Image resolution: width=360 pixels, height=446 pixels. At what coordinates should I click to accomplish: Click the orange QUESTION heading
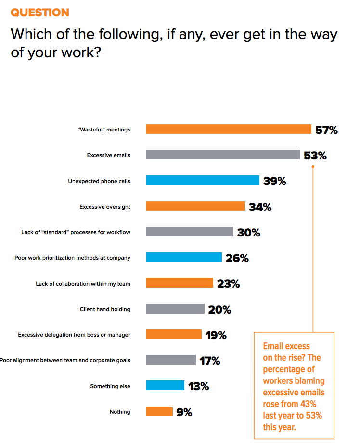[x=40, y=13]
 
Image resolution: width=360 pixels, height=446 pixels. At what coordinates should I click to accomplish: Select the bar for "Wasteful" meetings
[x=229, y=129]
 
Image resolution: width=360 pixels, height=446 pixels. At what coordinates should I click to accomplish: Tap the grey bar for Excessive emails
[x=223, y=155]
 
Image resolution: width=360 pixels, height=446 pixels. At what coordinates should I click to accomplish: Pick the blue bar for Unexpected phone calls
[x=203, y=181]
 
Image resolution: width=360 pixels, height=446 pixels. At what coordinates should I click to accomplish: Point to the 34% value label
[x=260, y=207]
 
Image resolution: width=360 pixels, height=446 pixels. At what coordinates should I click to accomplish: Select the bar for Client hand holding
[x=175, y=309]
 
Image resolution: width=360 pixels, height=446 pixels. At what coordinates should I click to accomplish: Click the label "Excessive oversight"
[x=105, y=207]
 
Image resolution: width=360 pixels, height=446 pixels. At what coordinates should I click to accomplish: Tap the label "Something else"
[x=110, y=386]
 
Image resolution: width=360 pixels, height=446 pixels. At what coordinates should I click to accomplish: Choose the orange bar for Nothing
[x=159, y=412]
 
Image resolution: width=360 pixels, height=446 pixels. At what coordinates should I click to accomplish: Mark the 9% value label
[x=184, y=412]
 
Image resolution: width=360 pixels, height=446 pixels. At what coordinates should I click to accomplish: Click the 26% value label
[x=237, y=258]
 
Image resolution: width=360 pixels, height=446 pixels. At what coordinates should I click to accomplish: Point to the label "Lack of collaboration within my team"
[x=83, y=284]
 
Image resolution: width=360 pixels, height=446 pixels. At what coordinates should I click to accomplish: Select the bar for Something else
[x=165, y=386]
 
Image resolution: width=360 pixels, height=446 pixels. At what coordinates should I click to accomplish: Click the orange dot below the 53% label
[x=313, y=167]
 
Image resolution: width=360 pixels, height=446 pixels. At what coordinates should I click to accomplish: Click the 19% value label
[x=216, y=335]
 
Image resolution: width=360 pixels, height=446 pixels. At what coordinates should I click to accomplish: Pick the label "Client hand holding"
[x=105, y=309]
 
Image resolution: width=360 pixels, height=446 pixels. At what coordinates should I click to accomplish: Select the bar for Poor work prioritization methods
[x=184, y=258]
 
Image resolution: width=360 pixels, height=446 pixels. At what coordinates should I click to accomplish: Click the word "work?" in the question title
[x=80, y=52]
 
